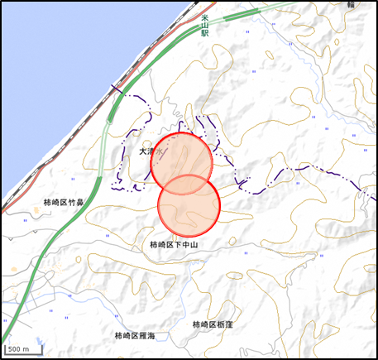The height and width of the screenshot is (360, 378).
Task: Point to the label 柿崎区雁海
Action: click(140, 335)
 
